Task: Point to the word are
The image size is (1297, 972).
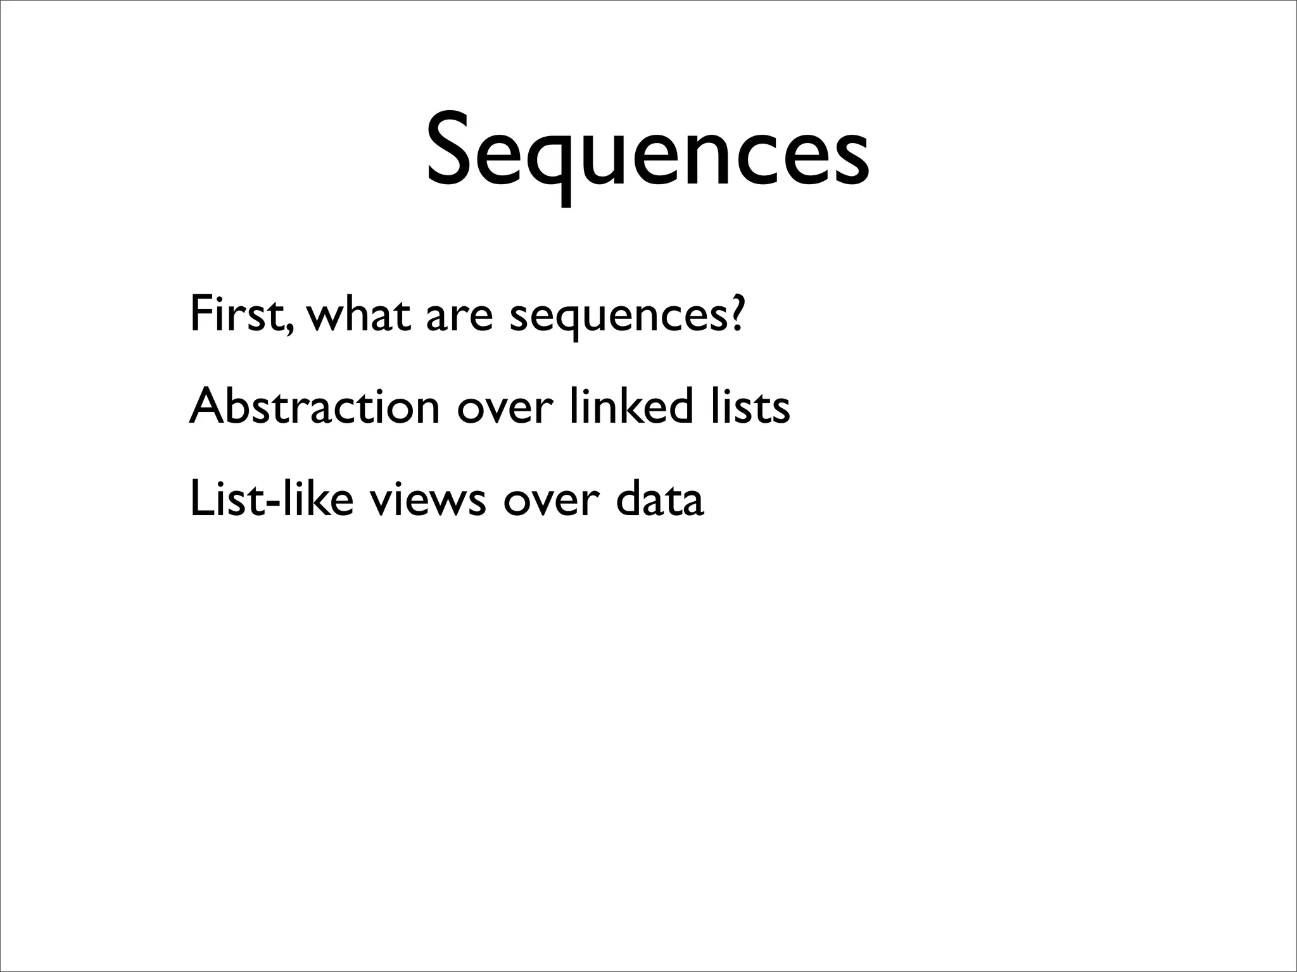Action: click(459, 316)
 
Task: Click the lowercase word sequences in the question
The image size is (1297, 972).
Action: click(617, 319)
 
